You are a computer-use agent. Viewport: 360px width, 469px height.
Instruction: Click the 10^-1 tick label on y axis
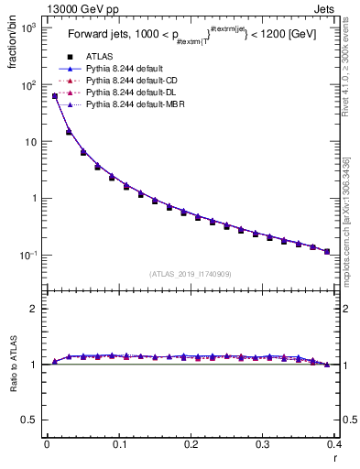tap(27, 256)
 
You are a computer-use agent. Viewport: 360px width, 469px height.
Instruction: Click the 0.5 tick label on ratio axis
tap(27, 420)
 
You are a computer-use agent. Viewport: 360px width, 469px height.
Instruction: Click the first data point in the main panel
tap(55, 95)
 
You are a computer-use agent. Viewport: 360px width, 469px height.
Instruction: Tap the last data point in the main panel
tap(327, 251)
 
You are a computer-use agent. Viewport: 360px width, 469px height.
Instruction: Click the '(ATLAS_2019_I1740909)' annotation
tap(190, 274)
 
